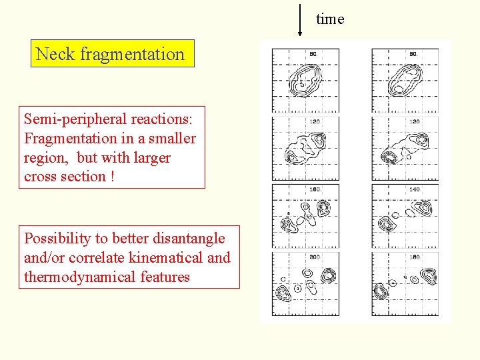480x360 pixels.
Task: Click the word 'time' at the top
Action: point(330,19)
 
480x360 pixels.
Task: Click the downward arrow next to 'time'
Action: point(300,20)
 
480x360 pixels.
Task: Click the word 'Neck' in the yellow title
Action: point(55,54)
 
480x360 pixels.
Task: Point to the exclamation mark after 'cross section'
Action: point(112,177)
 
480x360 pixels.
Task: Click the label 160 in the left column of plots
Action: point(315,189)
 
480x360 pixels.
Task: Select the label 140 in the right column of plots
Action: point(414,189)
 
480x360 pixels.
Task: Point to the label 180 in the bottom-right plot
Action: point(414,257)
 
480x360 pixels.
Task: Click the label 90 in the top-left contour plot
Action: point(313,54)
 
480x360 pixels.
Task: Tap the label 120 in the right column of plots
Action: point(414,122)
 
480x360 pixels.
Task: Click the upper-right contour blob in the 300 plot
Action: point(328,275)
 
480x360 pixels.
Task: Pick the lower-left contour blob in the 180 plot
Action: point(381,291)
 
